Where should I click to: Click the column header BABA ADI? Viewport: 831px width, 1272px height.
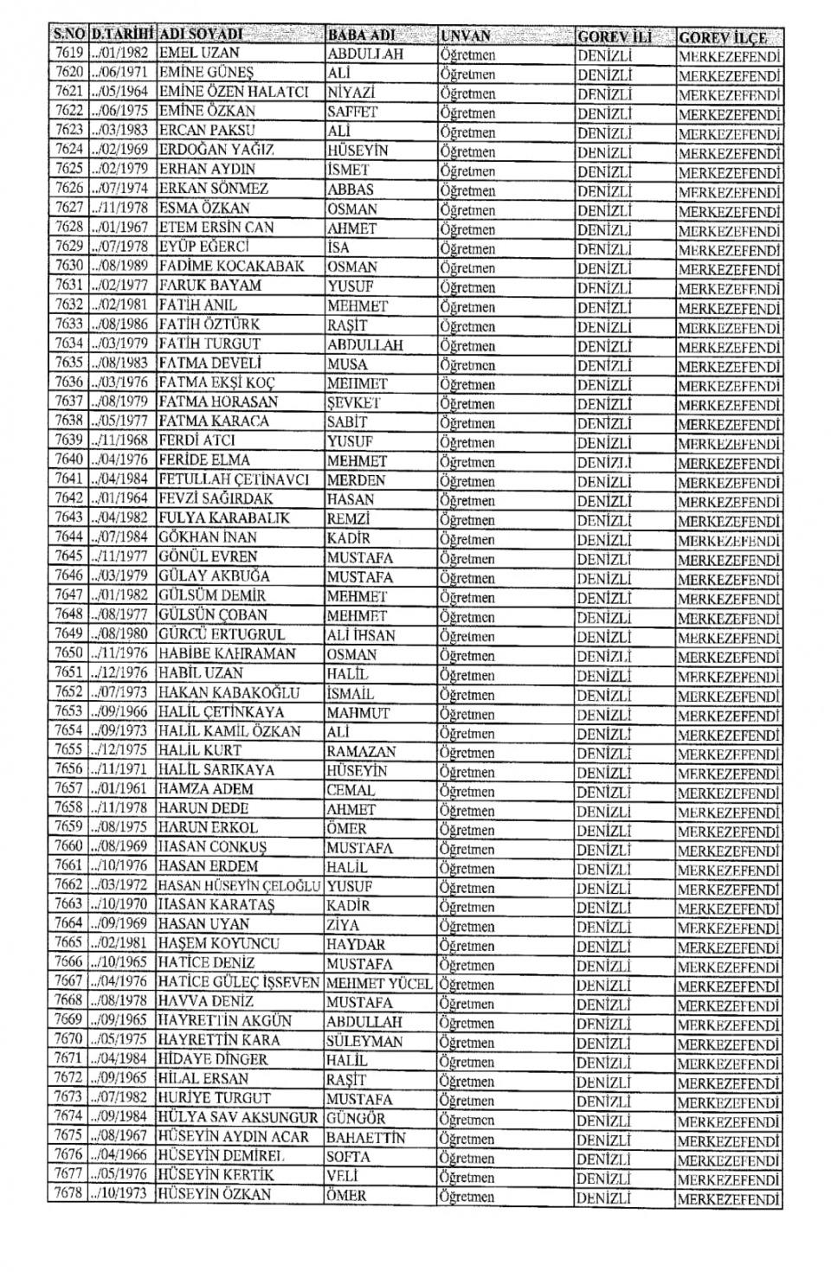click(x=362, y=35)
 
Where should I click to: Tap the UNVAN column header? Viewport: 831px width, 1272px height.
click(x=466, y=36)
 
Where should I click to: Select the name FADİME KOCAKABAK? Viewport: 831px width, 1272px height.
click(x=230, y=267)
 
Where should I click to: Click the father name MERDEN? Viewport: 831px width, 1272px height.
click(x=357, y=479)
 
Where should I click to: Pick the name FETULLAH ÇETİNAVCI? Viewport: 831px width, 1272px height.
click(x=235, y=479)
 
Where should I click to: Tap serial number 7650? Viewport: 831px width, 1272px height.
click(x=69, y=654)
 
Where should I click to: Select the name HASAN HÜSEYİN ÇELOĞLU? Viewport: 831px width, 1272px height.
click(x=240, y=886)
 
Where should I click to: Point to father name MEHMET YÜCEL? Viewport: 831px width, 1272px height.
click(x=379, y=983)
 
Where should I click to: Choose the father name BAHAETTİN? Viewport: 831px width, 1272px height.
click(x=366, y=1138)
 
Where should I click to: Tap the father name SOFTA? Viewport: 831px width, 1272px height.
click(x=349, y=1157)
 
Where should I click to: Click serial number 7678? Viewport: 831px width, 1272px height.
click(x=69, y=1194)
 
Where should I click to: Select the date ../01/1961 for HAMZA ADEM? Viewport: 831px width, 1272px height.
click(x=119, y=789)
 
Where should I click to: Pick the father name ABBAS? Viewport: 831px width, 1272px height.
click(x=351, y=189)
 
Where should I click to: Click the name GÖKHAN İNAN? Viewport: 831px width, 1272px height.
click(x=208, y=537)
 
